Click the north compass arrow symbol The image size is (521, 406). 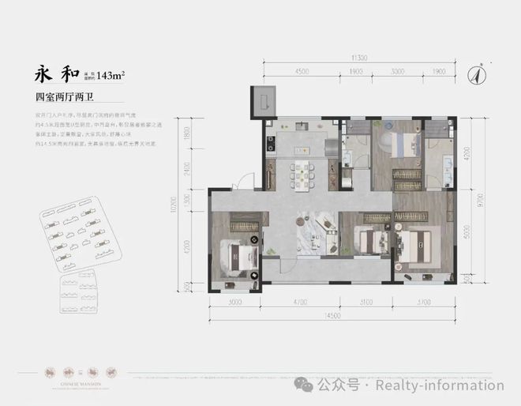coord(476,75)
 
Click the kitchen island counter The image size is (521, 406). coord(304,147)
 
